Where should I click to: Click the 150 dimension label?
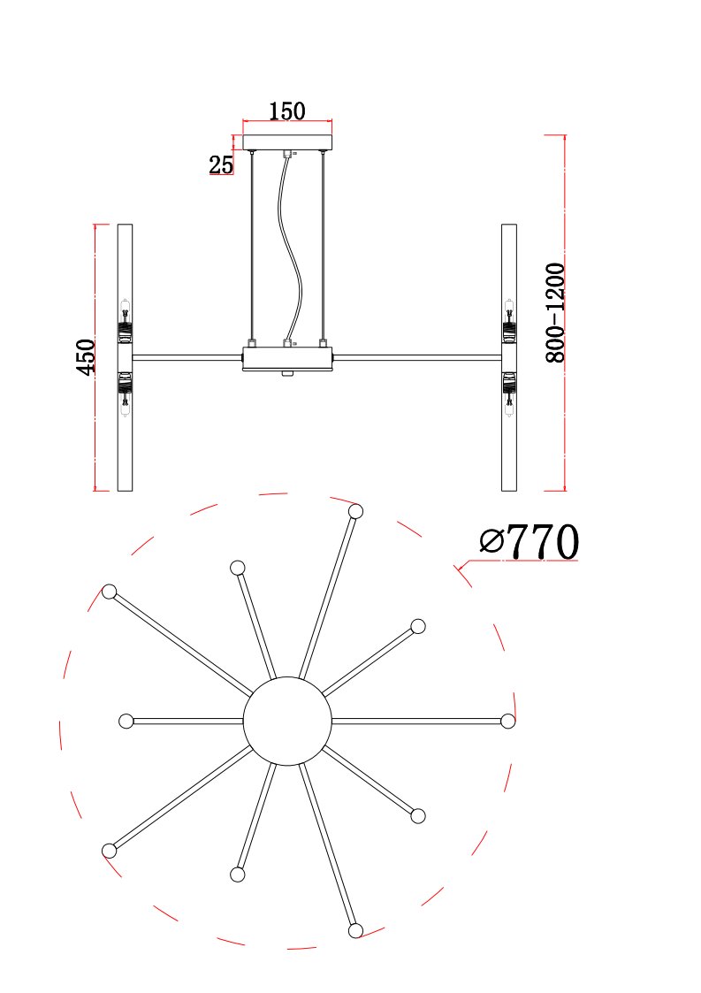tap(287, 111)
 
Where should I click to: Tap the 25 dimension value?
tap(221, 165)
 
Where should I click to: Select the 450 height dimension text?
tap(86, 356)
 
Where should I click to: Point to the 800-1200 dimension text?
tap(555, 313)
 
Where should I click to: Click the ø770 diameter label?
tap(529, 542)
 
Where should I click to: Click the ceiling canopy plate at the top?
tap(287, 142)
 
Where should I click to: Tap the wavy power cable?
tap(289, 247)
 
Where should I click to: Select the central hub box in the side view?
tap(287, 358)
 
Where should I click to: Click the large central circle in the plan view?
tap(287, 721)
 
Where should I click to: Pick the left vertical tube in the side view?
tap(126, 357)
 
